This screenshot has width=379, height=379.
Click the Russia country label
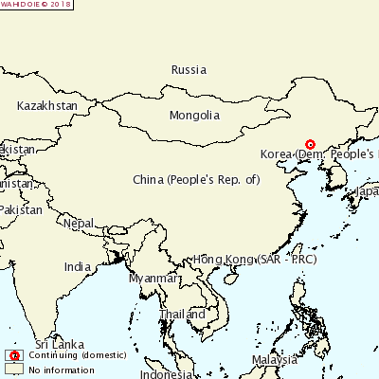click(189, 69)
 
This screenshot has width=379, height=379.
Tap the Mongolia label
click(194, 116)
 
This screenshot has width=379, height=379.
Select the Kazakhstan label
click(46, 106)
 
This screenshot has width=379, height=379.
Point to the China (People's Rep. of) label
click(196, 179)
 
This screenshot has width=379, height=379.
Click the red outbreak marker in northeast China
click(310, 145)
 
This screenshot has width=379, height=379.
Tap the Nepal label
click(80, 224)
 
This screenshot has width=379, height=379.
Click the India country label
click(78, 267)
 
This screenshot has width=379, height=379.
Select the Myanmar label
click(153, 279)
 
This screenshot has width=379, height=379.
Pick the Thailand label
click(182, 315)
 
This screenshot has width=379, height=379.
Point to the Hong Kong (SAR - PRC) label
click(254, 259)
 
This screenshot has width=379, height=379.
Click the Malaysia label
click(275, 360)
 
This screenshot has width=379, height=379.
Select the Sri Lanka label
click(55, 343)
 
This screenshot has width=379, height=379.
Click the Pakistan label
click(21, 209)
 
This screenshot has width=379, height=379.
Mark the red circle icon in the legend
click(14, 355)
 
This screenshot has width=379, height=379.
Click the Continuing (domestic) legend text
click(67, 355)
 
